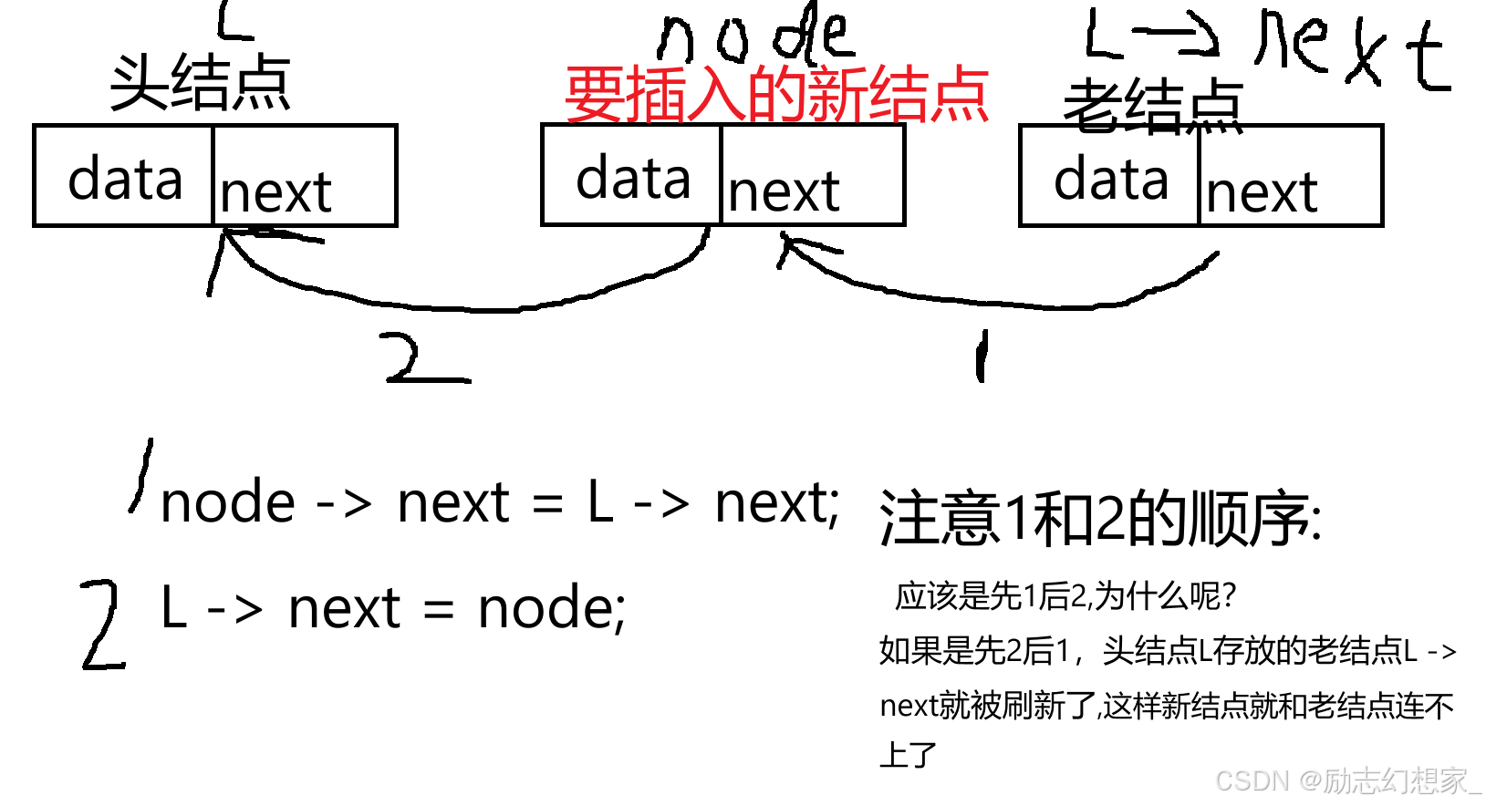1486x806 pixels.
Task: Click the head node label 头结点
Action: point(200,83)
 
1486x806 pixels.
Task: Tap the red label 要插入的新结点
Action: point(776,94)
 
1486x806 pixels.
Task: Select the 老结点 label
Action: point(1153,105)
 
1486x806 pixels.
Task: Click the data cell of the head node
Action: point(124,177)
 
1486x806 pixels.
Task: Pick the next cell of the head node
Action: point(305,177)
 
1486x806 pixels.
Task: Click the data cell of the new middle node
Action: point(632,176)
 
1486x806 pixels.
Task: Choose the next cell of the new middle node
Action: point(812,176)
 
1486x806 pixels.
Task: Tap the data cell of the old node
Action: point(1109,177)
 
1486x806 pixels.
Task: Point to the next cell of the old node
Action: point(1290,177)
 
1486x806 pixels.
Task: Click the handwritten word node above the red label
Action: point(756,38)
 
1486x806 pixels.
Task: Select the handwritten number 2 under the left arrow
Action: point(421,359)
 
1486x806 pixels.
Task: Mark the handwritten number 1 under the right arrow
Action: point(982,356)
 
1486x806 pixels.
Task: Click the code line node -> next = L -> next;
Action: point(500,502)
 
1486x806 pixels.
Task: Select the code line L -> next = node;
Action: point(393,608)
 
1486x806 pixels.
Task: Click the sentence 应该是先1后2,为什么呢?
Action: point(1065,596)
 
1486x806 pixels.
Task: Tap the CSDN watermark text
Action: point(1347,780)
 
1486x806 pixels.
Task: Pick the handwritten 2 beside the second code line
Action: point(102,625)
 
